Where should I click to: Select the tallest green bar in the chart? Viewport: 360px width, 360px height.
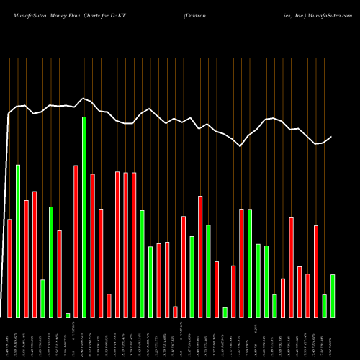click(84, 217)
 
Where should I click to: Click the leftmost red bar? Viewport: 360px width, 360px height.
click(9, 268)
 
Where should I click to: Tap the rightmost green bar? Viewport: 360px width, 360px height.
click(332, 295)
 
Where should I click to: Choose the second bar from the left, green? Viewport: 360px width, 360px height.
click(18, 241)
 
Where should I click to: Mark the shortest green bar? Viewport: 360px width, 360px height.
click(68, 315)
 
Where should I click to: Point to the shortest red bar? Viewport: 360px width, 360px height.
click(175, 311)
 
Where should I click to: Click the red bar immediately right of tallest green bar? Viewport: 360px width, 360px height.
click(92, 246)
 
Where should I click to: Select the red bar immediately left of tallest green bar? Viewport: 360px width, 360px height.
click(76, 241)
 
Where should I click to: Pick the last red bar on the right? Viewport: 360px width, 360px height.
click(315, 271)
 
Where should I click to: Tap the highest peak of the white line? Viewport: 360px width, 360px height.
click(84, 98)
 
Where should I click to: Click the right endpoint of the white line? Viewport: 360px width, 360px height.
click(332, 137)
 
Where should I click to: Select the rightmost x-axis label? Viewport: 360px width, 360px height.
click(332, 338)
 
